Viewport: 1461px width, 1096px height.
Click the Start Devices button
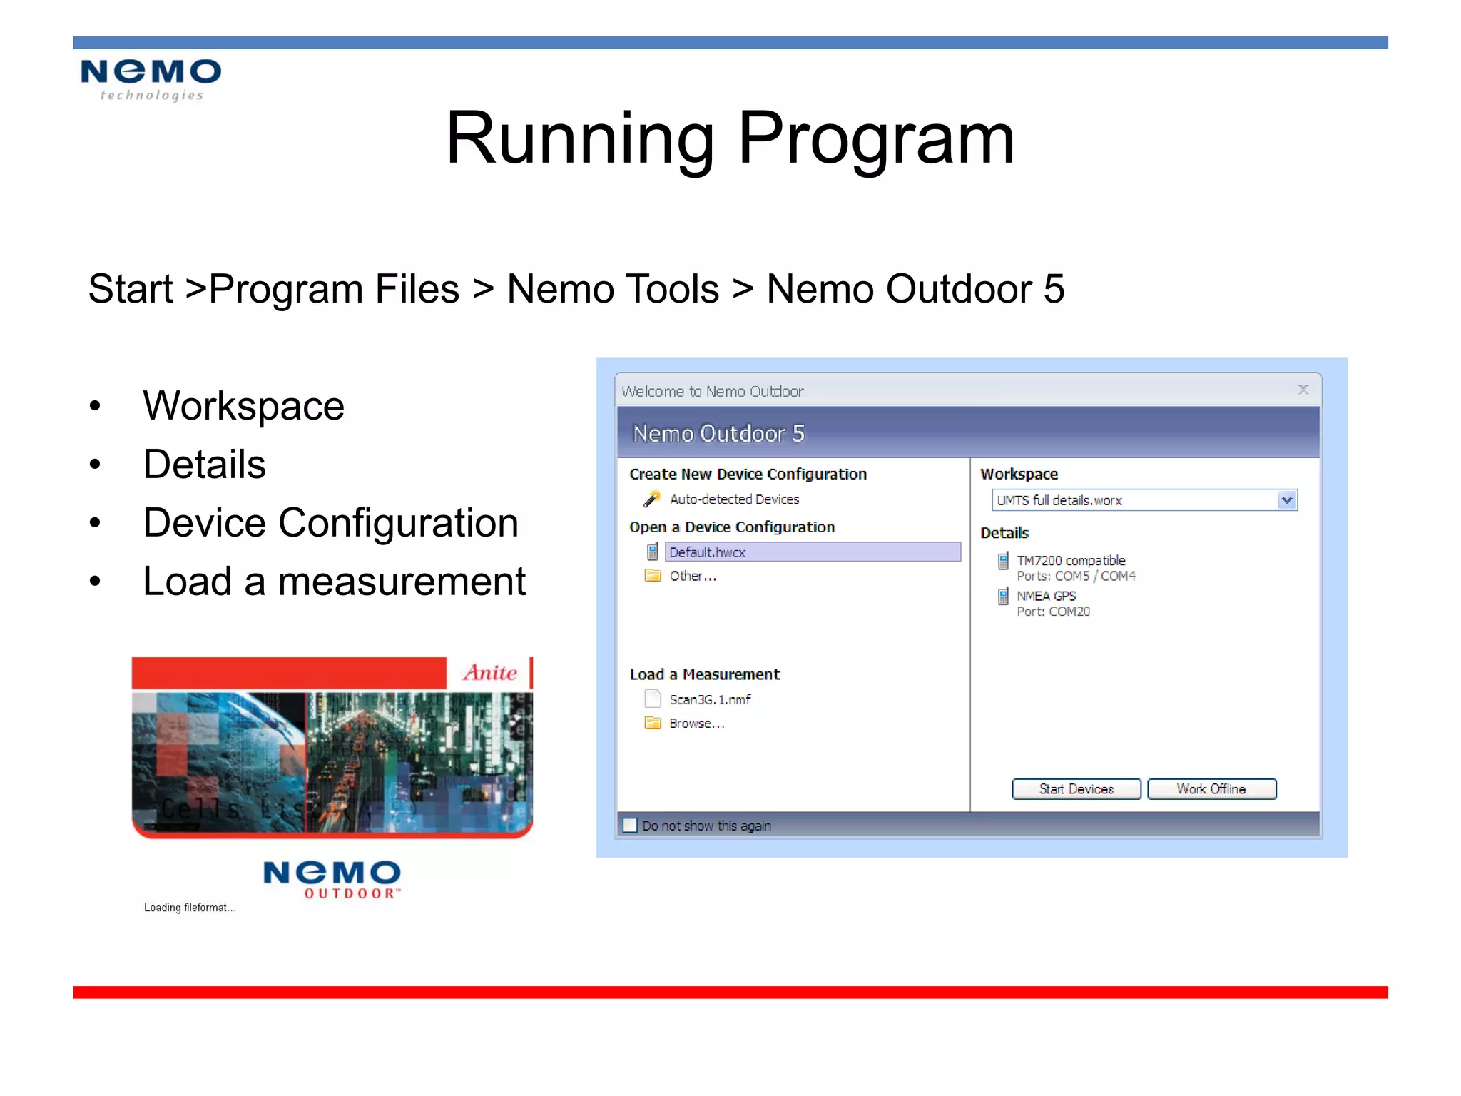coord(1076,788)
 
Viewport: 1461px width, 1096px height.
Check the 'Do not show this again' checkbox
coord(630,826)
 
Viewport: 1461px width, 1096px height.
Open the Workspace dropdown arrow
coord(1286,500)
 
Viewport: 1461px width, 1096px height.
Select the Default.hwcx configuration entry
coord(707,552)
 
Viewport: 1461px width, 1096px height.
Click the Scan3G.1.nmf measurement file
coord(709,699)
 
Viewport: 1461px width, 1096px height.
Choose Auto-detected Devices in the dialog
coord(734,499)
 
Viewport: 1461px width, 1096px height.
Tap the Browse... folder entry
coord(696,724)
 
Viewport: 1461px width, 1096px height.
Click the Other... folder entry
coord(692,576)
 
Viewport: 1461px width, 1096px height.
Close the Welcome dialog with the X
coord(1303,390)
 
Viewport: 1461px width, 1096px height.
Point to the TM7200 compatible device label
coord(1070,561)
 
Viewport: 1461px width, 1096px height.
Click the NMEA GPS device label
coord(1046,596)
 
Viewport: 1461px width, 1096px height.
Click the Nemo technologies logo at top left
coord(151,79)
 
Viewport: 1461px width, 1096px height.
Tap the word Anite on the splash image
coord(489,673)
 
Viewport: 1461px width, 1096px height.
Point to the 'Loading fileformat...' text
coord(189,908)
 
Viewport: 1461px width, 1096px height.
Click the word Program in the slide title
coord(875,139)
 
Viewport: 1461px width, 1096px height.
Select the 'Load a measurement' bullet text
coord(334,582)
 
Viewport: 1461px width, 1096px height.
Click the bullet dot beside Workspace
coord(96,406)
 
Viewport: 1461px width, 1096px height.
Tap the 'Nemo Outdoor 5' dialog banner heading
coord(718,434)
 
